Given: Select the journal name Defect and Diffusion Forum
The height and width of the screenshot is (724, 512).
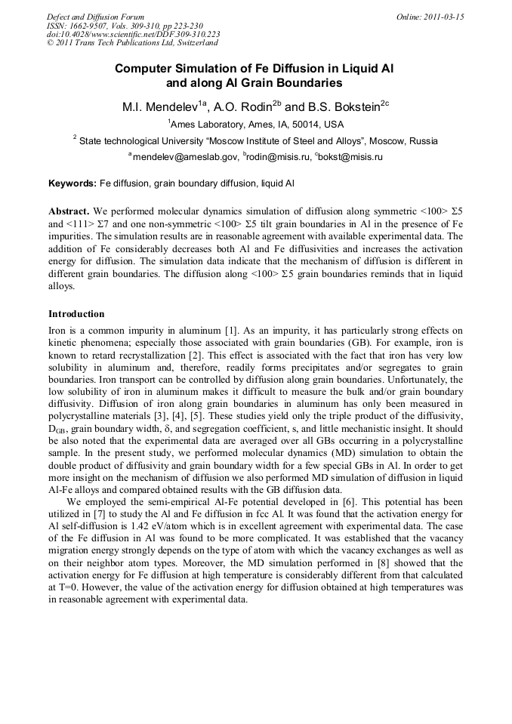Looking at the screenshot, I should [95, 17].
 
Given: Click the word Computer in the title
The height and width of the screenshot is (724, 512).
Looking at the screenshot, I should [144, 68].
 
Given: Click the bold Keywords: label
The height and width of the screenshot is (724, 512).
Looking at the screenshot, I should [73, 183].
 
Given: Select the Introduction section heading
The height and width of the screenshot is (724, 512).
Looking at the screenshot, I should [76, 313].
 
